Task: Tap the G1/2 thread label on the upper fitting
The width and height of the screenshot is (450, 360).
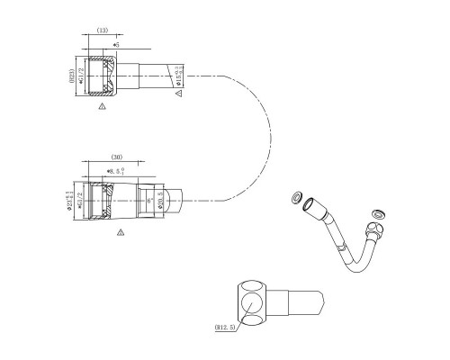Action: click(82, 77)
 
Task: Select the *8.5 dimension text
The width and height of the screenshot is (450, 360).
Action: click(115, 170)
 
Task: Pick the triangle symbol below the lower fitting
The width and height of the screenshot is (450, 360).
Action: click(121, 232)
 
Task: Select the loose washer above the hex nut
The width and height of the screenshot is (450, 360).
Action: click(378, 213)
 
